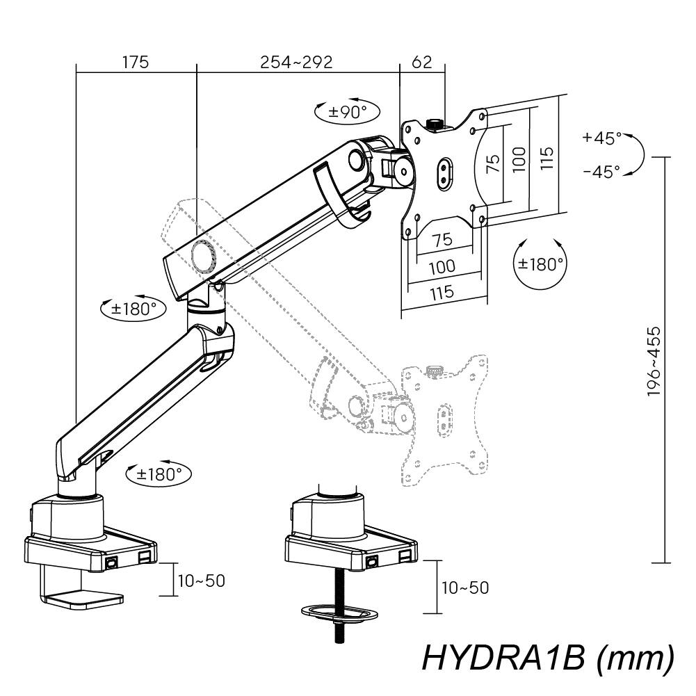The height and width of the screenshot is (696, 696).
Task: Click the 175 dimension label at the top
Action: [x=136, y=62]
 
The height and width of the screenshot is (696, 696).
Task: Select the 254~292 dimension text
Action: [x=297, y=62]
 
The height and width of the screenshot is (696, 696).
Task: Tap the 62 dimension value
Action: [x=422, y=62]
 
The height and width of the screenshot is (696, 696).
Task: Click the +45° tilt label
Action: [x=602, y=138]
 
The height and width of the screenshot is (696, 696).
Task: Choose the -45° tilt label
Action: [x=602, y=170]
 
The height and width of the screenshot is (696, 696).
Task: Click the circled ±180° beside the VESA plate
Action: [x=540, y=264]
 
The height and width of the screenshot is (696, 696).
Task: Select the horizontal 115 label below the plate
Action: [x=442, y=293]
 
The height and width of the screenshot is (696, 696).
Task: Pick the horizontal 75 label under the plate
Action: [x=442, y=240]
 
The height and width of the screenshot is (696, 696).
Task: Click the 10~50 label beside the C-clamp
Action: [x=202, y=581]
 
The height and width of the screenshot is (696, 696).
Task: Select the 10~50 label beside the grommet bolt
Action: [x=464, y=588]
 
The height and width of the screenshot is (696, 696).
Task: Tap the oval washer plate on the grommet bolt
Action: [x=338, y=613]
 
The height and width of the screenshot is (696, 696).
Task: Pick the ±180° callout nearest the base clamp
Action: [x=159, y=474]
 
